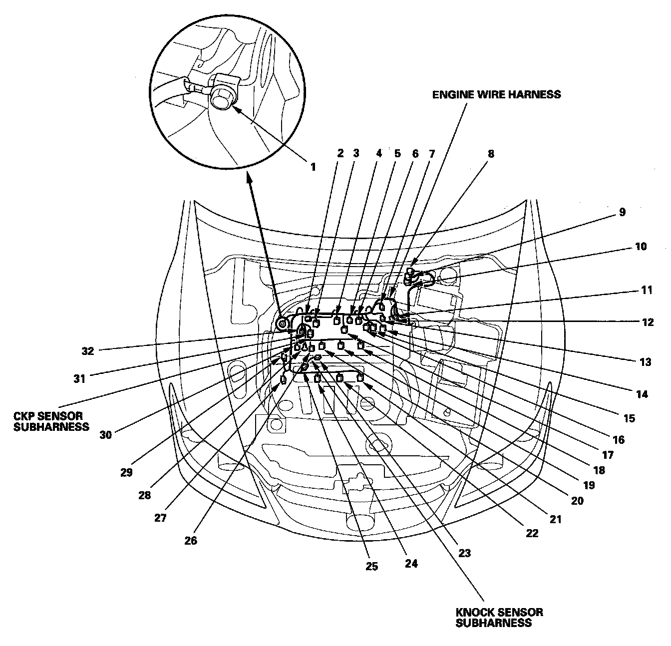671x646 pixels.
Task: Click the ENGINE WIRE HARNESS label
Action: click(x=496, y=94)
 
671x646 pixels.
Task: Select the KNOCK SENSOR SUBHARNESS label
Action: click(x=499, y=617)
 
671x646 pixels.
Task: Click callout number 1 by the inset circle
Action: click(x=313, y=167)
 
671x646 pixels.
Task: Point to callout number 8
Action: click(x=491, y=154)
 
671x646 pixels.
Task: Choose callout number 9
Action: click(x=622, y=212)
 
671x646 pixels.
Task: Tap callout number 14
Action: click(x=642, y=394)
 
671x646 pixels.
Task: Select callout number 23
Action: click(x=464, y=553)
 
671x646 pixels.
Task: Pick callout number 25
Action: click(x=371, y=567)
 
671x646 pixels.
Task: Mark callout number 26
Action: click(x=191, y=541)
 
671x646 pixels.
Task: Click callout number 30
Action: click(x=106, y=434)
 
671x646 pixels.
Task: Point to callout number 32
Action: click(x=88, y=351)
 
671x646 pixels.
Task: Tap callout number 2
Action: click(x=340, y=153)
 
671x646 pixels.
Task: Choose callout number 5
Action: click(x=397, y=153)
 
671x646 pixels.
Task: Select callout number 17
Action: click(x=608, y=455)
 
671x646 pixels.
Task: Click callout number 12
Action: click(x=648, y=323)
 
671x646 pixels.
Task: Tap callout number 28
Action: click(x=144, y=496)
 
